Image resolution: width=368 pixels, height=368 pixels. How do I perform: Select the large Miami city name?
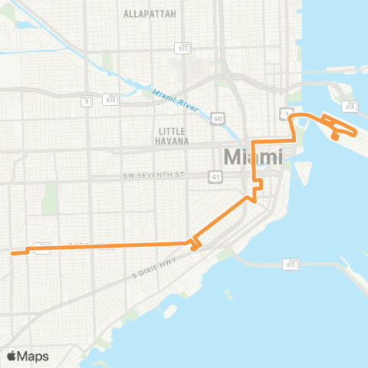pos(253,159)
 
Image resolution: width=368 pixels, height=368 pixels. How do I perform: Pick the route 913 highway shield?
pos(291,264)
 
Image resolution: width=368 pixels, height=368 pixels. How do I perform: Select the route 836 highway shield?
pos(111,99)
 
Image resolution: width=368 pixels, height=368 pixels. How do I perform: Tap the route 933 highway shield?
pos(182,47)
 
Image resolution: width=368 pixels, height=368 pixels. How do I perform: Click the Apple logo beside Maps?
pos(13,356)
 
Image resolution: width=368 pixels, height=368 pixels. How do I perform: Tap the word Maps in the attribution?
pos(35,356)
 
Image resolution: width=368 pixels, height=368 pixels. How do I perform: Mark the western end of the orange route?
pos(11,251)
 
